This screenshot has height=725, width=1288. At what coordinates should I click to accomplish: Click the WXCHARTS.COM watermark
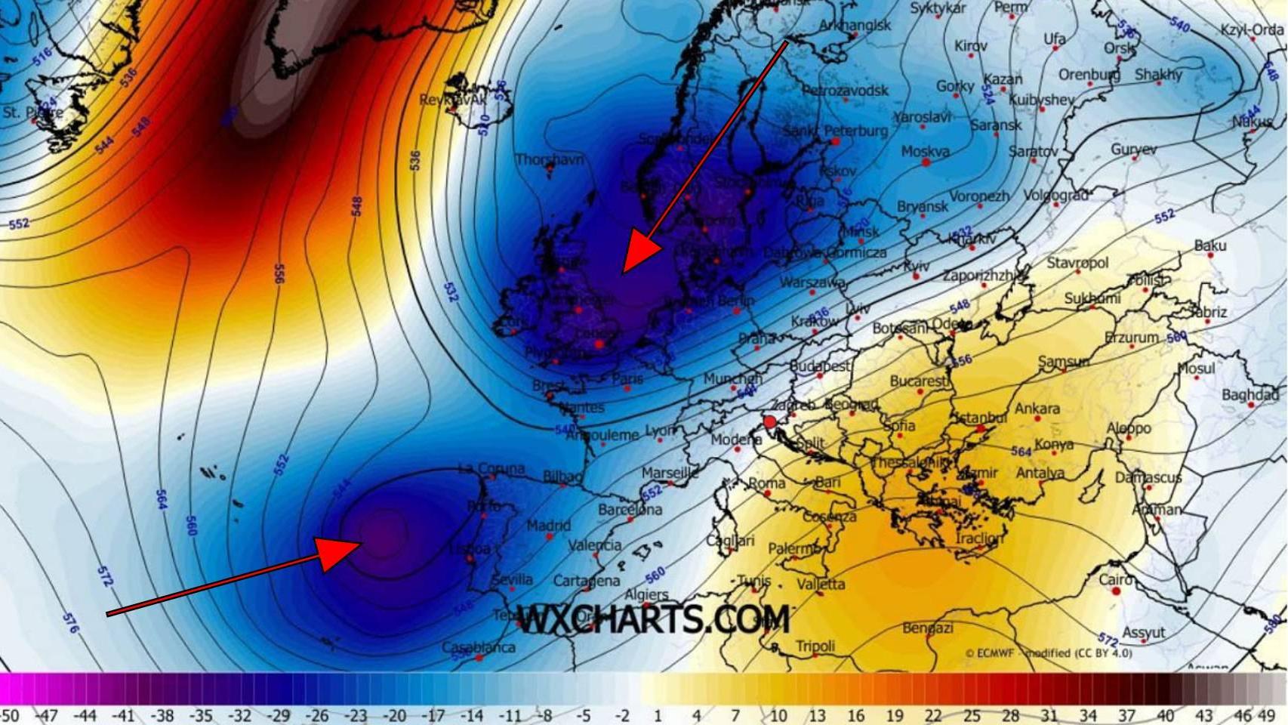tap(654, 620)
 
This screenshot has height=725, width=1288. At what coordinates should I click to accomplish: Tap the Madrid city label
tap(549, 525)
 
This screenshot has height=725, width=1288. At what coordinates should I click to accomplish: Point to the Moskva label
tap(925, 151)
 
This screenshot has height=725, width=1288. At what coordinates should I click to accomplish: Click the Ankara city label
tap(1037, 409)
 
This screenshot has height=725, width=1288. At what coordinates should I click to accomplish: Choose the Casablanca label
tap(478, 647)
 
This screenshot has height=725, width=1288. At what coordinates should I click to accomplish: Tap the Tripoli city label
tap(815, 646)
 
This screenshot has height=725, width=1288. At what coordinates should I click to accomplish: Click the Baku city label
tap(1210, 245)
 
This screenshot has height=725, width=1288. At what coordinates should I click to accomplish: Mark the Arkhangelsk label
tap(855, 25)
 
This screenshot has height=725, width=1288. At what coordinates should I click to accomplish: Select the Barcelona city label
tap(630, 510)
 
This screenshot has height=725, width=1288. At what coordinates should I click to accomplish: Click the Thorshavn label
tap(550, 159)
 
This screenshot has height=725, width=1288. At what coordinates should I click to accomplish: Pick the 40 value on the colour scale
tap(1165, 714)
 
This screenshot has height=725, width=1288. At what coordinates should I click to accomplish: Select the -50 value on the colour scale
tap(9, 714)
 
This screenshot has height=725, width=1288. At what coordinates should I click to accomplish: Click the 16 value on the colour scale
tap(855, 714)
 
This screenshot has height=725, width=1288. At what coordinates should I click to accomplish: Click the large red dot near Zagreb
tap(770, 422)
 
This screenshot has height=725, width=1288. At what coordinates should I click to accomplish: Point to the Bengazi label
tap(928, 628)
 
